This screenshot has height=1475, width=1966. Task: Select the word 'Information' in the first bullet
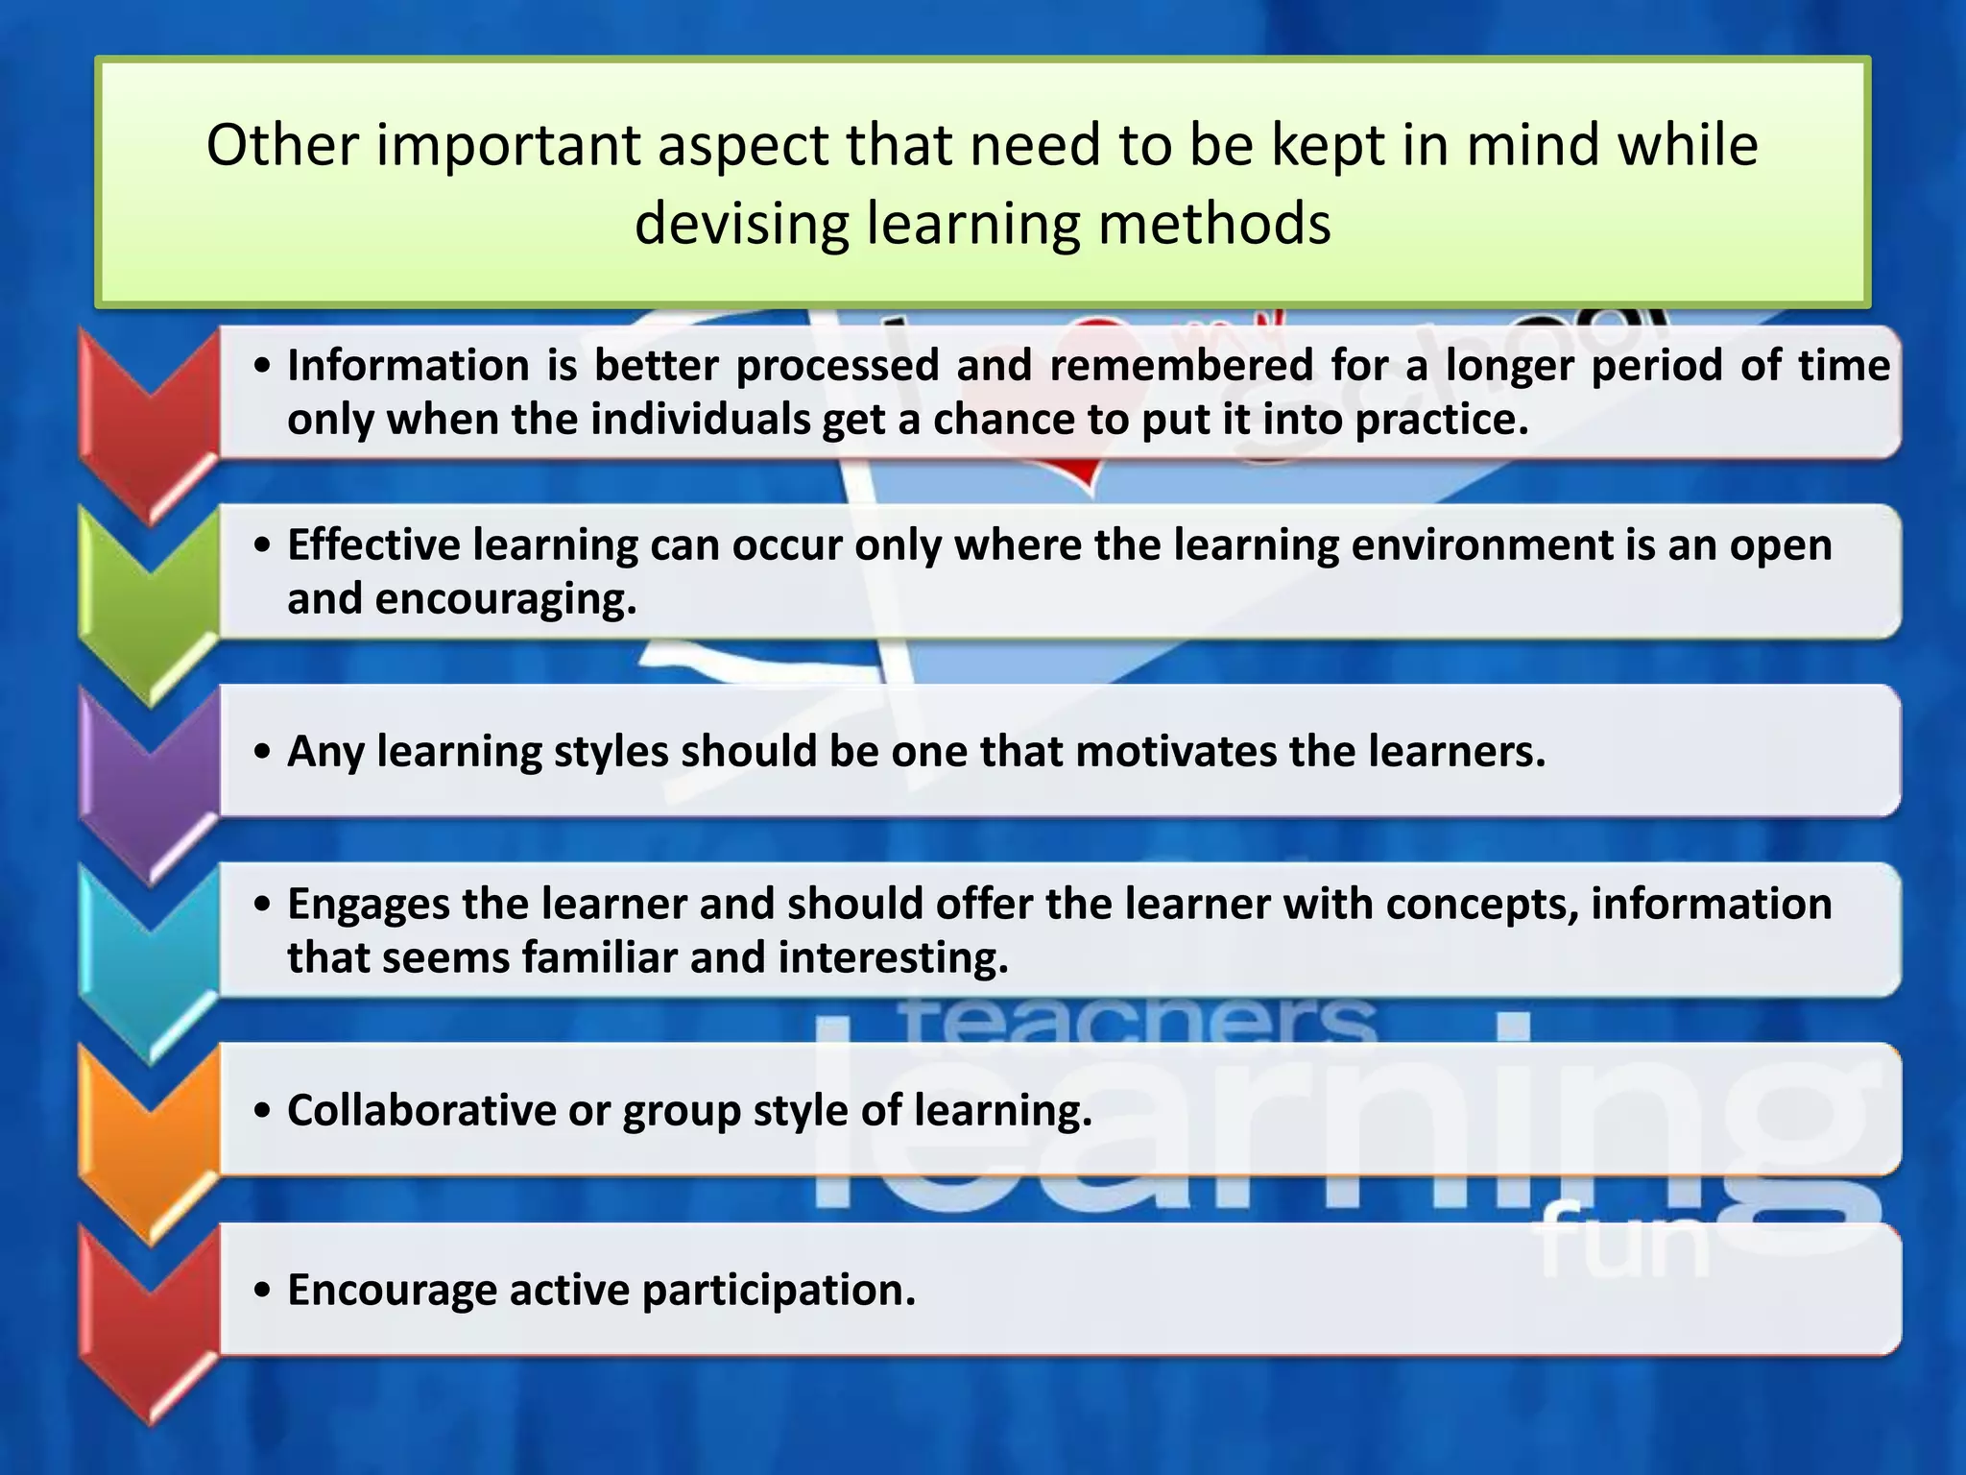pyautogui.click(x=409, y=366)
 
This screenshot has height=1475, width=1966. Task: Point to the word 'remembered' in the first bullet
pyautogui.click(x=1181, y=366)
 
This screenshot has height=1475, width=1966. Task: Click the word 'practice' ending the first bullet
pyautogui.click(x=1441, y=421)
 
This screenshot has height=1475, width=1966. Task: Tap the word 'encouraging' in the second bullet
pyautogui.click(x=505, y=600)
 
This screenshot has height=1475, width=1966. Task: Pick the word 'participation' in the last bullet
pyautogui.click(x=779, y=1291)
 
